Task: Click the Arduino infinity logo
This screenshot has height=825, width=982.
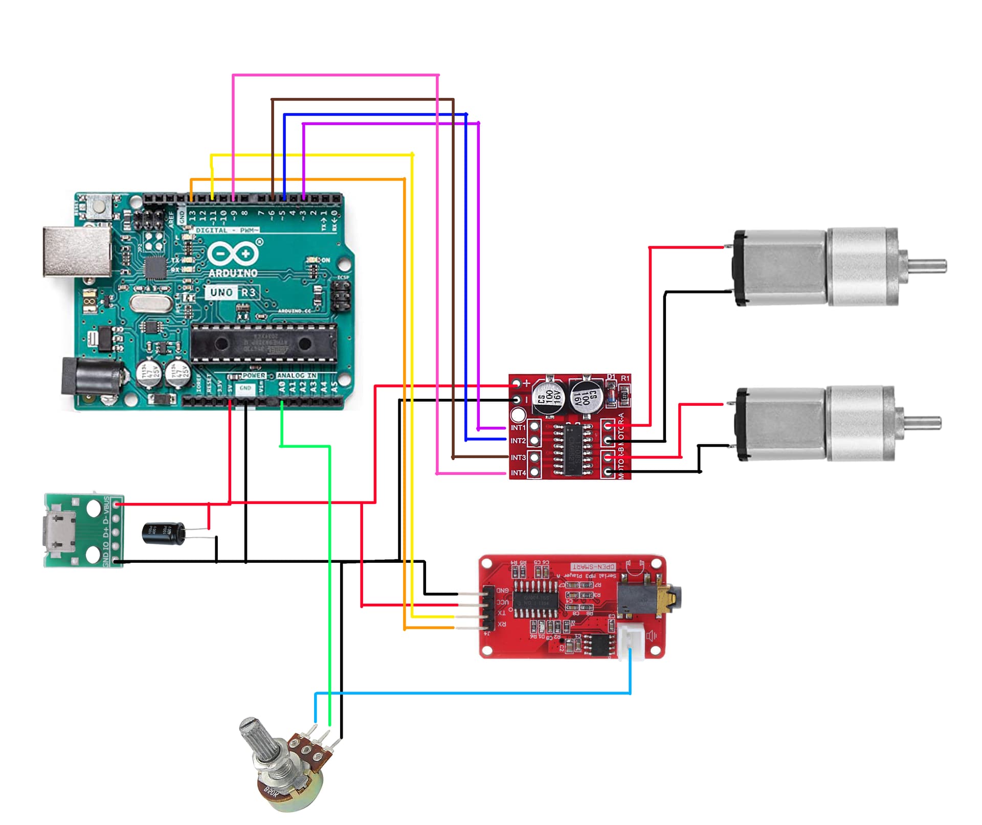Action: [x=233, y=254]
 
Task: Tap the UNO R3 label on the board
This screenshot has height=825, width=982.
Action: [x=233, y=292]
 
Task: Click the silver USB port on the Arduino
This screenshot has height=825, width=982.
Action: [x=77, y=251]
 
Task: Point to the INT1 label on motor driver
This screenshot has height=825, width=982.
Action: [x=518, y=427]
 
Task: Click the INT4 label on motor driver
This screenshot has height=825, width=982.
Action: [x=518, y=473]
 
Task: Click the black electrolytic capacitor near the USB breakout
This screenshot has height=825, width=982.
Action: [x=164, y=534]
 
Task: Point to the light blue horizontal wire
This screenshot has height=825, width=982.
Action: [x=471, y=693]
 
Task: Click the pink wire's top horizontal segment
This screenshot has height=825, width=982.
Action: [x=335, y=75]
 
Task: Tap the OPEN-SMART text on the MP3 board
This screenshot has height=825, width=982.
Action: [x=593, y=567]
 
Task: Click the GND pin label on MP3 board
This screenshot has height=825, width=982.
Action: [x=502, y=590]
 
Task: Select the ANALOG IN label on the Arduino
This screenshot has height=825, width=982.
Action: [x=297, y=375]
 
